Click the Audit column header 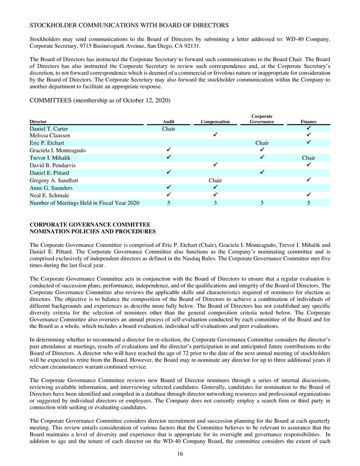(168, 122)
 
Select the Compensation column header (215, 122)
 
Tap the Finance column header (308, 122)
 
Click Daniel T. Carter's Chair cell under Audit (168, 128)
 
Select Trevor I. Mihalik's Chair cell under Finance (308, 158)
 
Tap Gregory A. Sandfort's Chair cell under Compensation (216, 180)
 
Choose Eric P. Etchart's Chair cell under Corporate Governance (262, 143)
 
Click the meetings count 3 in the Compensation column (216, 203)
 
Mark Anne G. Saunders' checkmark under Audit (168, 188)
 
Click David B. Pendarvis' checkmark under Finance (308, 165)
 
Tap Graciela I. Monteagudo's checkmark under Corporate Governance (262, 150)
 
